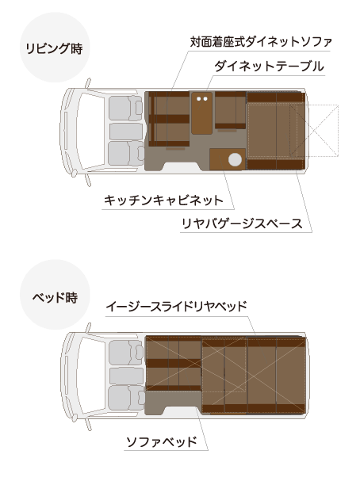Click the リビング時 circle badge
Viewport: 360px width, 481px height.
[x=55, y=48]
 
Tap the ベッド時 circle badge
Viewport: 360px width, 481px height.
[x=55, y=295]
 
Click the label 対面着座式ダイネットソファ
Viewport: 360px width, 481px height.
[x=261, y=42]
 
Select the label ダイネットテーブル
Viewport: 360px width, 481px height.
[x=269, y=67]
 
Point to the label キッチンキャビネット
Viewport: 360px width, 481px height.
[x=163, y=200]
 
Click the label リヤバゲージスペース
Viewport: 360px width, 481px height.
[x=242, y=223]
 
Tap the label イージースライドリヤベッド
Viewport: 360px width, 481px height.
[x=177, y=306]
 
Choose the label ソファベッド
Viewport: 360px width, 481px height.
[x=162, y=442]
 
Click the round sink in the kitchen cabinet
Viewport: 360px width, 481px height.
[x=235, y=159]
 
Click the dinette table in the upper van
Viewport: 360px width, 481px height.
[x=202, y=113]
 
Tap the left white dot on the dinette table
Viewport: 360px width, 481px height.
[x=198, y=99]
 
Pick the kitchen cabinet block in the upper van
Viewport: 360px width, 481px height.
[x=228, y=159]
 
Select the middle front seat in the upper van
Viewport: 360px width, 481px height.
[x=126, y=132]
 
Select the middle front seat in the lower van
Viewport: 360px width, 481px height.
[x=126, y=376]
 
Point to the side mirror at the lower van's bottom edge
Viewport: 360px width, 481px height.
[x=89, y=423]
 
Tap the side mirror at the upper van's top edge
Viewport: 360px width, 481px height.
[x=88, y=83]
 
